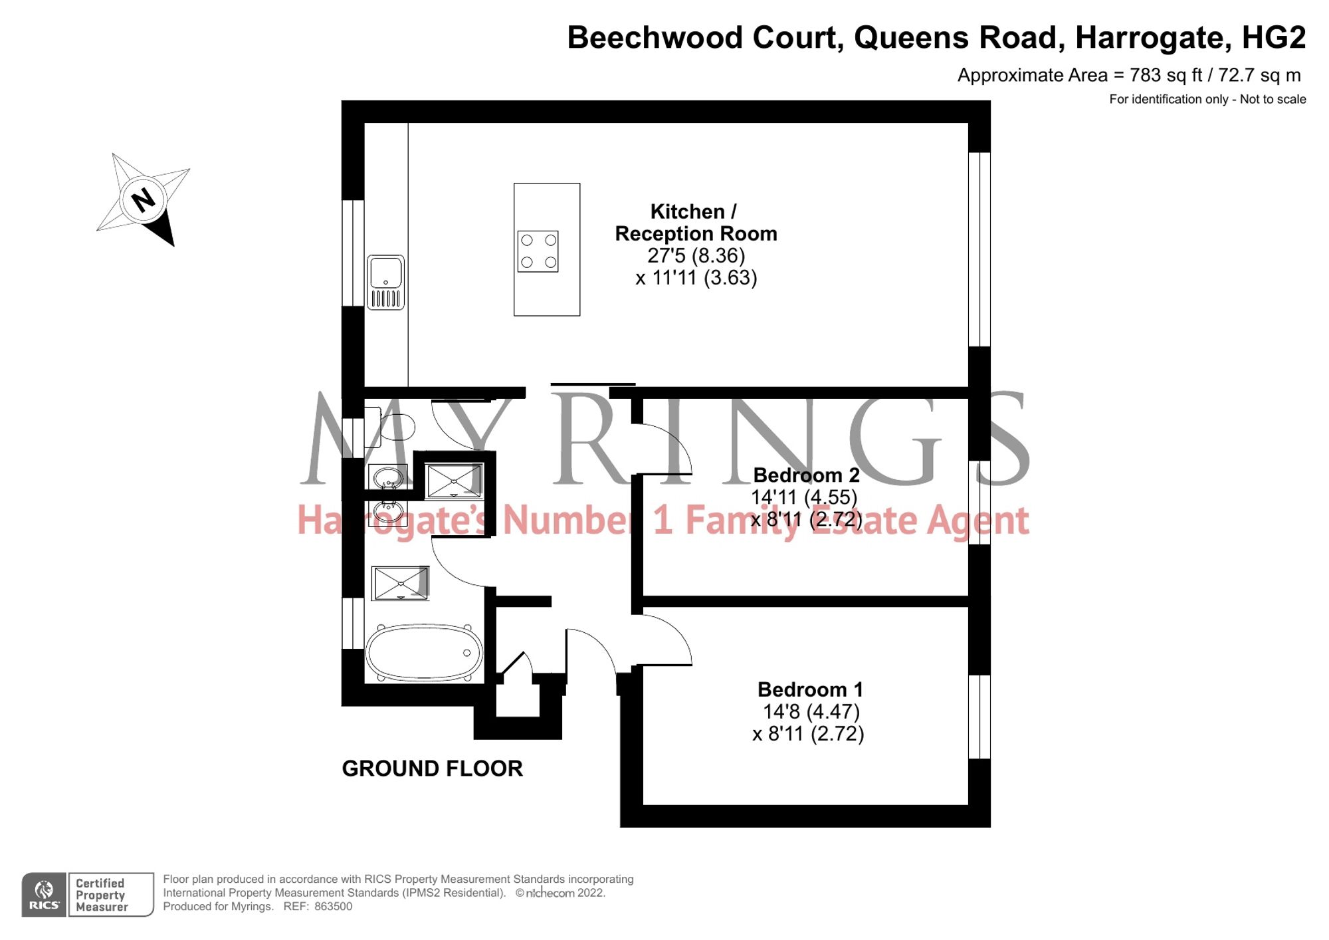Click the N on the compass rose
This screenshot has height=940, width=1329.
[x=143, y=199]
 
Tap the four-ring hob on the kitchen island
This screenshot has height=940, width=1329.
[x=538, y=251]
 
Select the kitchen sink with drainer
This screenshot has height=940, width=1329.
[x=385, y=282]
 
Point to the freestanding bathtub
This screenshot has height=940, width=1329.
[x=424, y=653]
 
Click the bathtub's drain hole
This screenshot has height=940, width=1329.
[x=466, y=653]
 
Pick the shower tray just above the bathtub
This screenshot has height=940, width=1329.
[x=400, y=583]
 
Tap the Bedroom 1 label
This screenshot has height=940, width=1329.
[x=810, y=689]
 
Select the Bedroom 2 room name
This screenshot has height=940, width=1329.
[x=806, y=475]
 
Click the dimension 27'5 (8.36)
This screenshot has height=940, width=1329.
[x=696, y=255]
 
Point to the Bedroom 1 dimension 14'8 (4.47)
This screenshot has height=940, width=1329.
[x=811, y=711]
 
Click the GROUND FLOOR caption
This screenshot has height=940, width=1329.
[x=432, y=768]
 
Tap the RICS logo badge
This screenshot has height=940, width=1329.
[x=44, y=895]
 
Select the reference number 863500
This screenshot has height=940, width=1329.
[x=333, y=907]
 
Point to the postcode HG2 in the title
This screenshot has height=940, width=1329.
[x=1273, y=38]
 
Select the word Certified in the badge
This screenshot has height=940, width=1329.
[x=100, y=883]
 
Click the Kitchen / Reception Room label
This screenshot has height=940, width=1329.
[x=695, y=223]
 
